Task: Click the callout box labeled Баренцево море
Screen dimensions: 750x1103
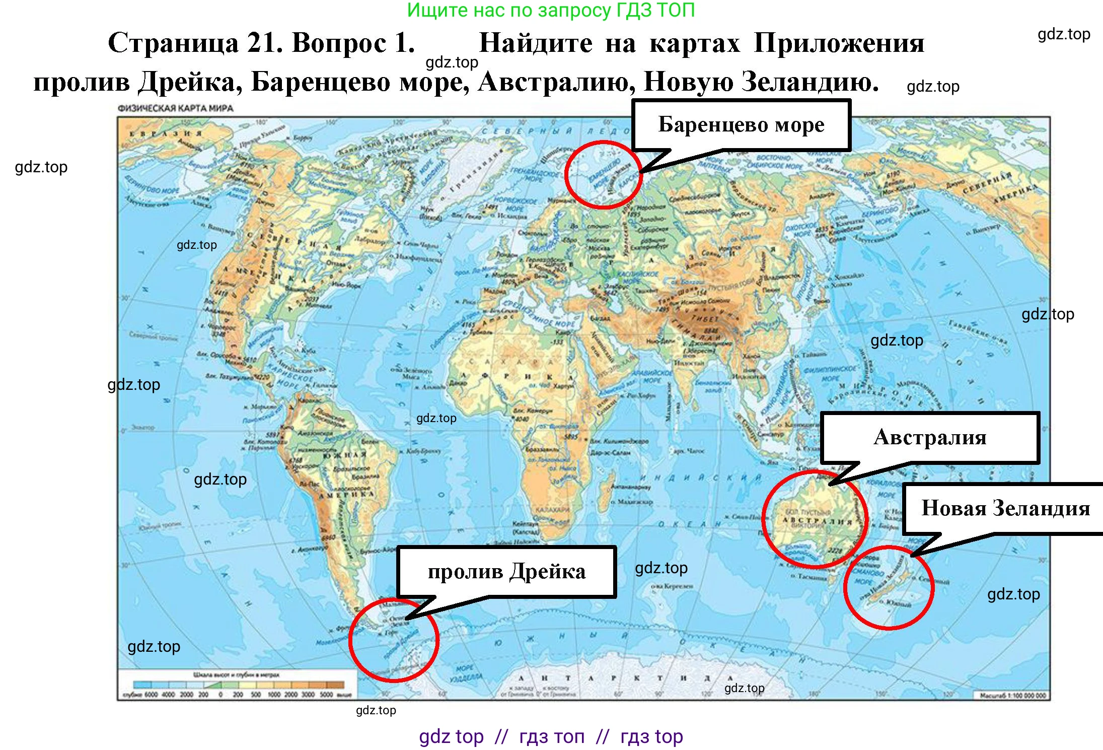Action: click(x=741, y=124)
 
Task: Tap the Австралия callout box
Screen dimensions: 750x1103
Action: click(x=929, y=437)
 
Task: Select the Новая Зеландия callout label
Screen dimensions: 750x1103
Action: click(x=1005, y=508)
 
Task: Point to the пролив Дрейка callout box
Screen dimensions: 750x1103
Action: click(x=506, y=572)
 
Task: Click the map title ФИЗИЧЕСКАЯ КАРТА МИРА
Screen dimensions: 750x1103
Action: click(x=175, y=108)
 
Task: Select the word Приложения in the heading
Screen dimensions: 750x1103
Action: click(x=839, y=43)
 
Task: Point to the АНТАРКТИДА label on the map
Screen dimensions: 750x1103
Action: click(x=624, y=678)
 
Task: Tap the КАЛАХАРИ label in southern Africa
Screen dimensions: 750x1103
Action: click(x=552, y=510)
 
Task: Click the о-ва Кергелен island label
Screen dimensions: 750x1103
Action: click(x=672, y=586)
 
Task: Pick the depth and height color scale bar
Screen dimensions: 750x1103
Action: click(x=239, y=685)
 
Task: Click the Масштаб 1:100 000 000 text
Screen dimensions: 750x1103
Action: click(x=1012, y=696)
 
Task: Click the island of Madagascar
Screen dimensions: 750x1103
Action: click(x=605, y=497)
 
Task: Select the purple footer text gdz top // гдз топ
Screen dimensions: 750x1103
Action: click(x=551, y=736)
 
